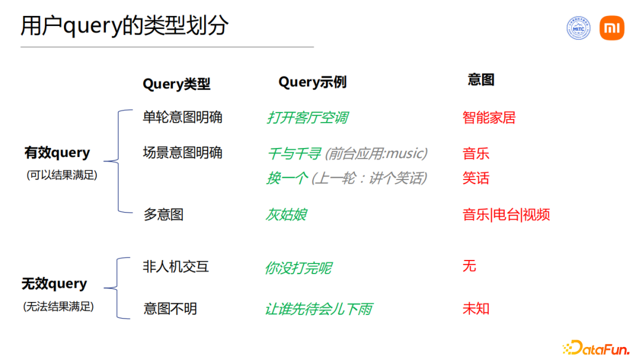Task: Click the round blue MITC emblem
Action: point(579,28)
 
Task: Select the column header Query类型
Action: point(176,84)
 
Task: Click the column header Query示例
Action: point(312,82)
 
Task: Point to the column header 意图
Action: point(480,80)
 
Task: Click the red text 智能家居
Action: point(489,118)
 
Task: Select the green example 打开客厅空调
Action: point(307,118)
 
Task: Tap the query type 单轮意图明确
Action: point(182,117)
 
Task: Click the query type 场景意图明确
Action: point(182,153)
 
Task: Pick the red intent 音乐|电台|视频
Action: point(506,214)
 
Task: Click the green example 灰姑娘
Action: point(286,214)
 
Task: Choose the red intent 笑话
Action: point(476,178)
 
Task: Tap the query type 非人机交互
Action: point(176,266)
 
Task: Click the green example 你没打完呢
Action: point(298,268)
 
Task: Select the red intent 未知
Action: point(476,308)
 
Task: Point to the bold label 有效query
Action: point(57,153)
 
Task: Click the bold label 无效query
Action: point(54,284)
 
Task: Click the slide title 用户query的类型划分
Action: point(124,26)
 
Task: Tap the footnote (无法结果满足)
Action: point(59,307)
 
